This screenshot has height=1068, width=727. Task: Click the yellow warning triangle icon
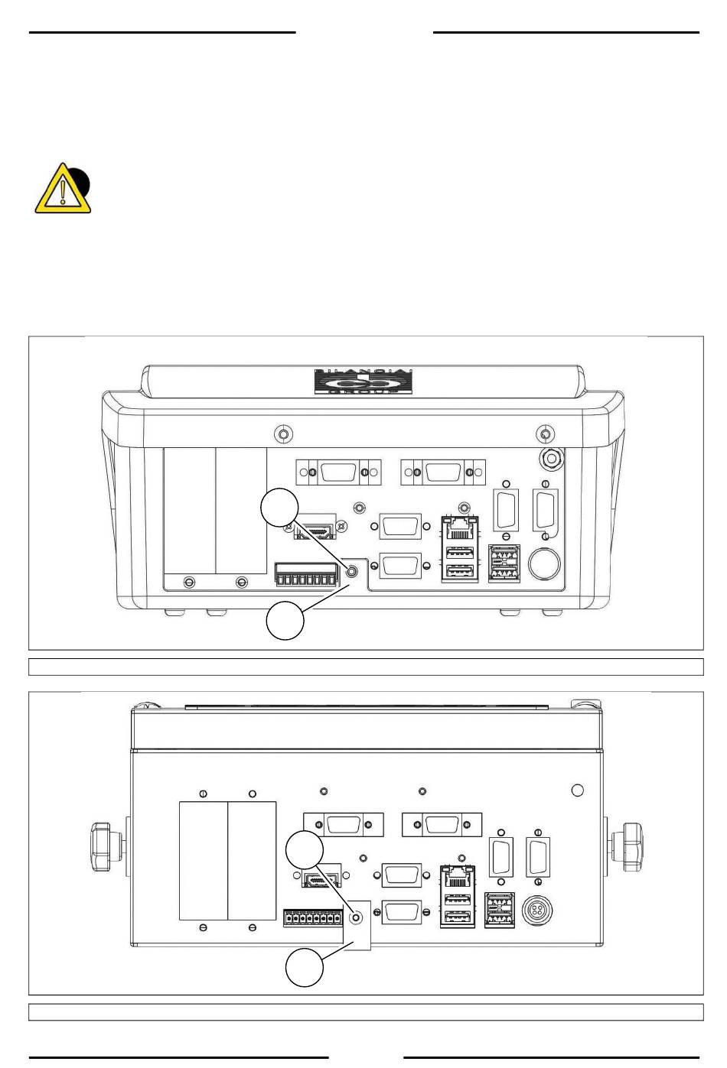(x=62, y=189)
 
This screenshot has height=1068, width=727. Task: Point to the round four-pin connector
(x=538, y=911)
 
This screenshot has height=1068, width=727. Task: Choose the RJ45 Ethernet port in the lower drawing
(x=457, y=875)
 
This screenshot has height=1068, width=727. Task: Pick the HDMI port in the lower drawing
(x=321, y=880)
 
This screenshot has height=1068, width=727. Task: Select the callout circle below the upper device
(x=285, y=622)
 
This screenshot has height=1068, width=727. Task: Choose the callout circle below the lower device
(x=305, y=968)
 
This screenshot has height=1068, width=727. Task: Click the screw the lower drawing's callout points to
(x=355, y=917)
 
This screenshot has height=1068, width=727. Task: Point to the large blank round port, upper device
(x=544, y=565)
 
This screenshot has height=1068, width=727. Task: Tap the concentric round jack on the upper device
(x=550, y=459)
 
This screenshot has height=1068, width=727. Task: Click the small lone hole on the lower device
(x=578, y=790)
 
